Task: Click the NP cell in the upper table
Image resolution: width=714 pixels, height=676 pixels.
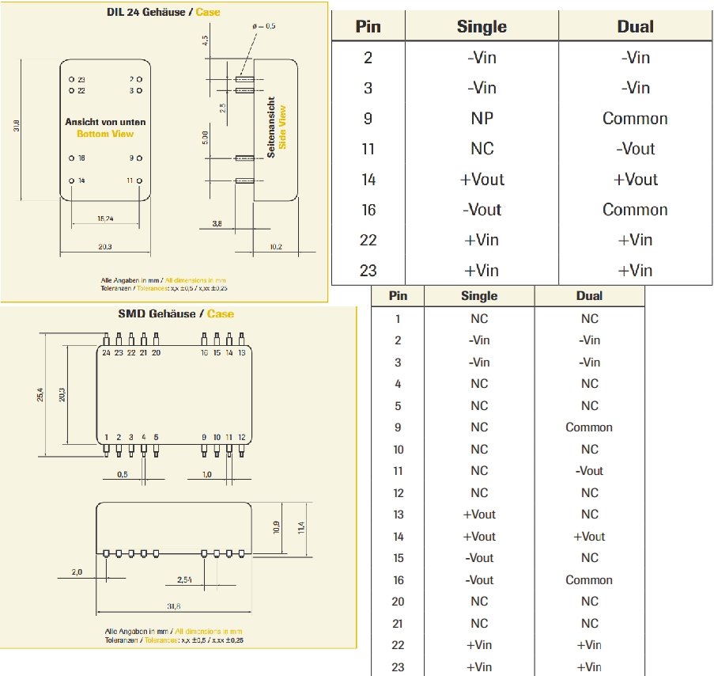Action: coord(482,119)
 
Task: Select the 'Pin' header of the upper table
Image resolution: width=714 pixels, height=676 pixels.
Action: coord(368,27)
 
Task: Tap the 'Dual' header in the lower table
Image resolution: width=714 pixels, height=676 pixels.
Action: coord(589,296)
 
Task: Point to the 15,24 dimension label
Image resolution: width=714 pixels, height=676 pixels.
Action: coord(106,218)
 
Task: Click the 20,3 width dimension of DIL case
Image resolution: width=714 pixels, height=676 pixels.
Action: coord(104,247)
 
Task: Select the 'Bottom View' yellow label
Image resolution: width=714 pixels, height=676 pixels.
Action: coord(105,134)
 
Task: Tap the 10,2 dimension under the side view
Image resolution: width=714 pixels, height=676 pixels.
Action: coord(276,247)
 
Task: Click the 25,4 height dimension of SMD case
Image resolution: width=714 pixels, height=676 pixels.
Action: coord(40,394)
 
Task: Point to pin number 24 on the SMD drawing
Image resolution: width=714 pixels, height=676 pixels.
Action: coord(106,353)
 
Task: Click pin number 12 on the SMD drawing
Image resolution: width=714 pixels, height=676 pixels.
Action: coord(242,438)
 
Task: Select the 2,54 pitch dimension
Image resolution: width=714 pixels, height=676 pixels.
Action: coord(184,579)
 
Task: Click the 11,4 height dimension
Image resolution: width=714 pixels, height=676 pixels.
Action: coord(301,527)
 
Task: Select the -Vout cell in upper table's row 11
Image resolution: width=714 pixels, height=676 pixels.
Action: coord(635,149)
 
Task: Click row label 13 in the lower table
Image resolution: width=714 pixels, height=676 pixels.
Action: coord(398,515)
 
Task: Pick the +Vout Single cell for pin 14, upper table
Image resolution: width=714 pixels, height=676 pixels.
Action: coord(482,180)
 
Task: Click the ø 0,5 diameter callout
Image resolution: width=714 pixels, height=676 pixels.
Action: coord(264,26)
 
